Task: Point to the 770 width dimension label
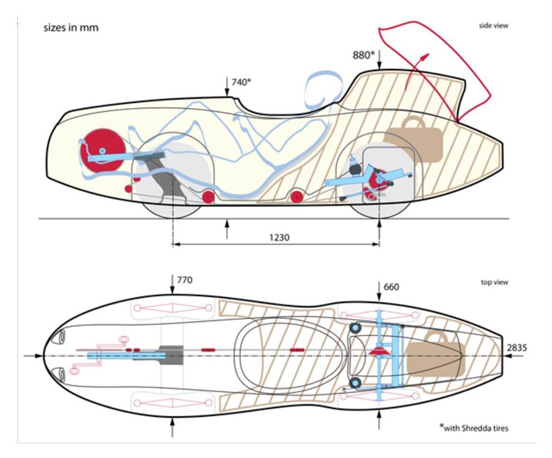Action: [184, 280]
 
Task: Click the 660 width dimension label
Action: [391, 287]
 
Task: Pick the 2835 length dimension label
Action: [517, 348]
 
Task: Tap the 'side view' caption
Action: [493, 26]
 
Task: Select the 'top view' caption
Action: [494, 282]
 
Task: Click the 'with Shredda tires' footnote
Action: [477, 427]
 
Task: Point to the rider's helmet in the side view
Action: [322, 88]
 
